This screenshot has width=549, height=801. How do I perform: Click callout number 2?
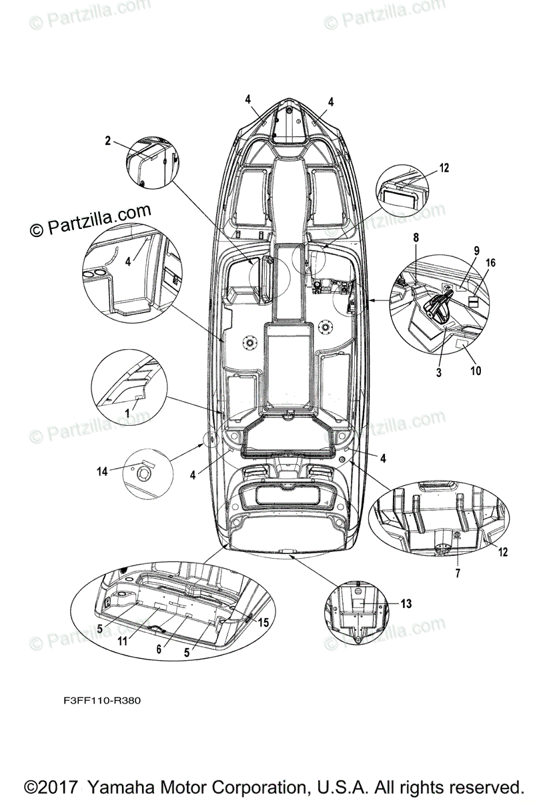tap(107, 140)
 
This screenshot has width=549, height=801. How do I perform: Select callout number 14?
tap(102, 471)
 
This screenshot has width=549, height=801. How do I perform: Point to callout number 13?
tap(406, 603)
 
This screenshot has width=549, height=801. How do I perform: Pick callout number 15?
tap(263, 622)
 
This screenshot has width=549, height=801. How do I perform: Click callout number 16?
tap(490, 264)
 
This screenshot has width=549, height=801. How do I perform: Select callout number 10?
tap(475, 370)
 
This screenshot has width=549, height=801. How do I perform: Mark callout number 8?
tap(415, 238)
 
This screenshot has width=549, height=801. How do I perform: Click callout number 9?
tap(477, 251)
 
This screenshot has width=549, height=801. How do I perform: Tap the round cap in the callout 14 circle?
tap(142, 475)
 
